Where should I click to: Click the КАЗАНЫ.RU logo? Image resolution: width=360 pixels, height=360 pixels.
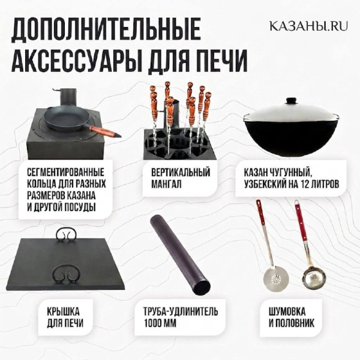[x=308, y=26]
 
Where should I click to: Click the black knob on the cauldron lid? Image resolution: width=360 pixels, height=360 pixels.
[x=291, y=101]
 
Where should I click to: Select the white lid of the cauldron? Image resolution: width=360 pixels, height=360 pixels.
[x=290, y=113]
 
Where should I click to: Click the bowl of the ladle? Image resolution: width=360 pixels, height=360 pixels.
[x=313, y=277]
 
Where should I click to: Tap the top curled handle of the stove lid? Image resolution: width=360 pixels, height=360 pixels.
[x=65, y=235]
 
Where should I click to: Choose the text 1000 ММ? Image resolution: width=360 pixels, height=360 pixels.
[x=160, y=323]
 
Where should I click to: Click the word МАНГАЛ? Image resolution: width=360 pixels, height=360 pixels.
[x=166, y=184]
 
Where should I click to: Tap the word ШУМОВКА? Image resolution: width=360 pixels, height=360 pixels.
[x=287, y=311]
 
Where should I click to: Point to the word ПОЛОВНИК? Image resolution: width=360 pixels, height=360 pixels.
[x=295, y=323]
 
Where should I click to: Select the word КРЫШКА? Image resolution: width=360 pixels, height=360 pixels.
[x=64, y=312]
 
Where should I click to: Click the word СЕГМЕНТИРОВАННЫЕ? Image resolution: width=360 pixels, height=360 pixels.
[x=65, y=172]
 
